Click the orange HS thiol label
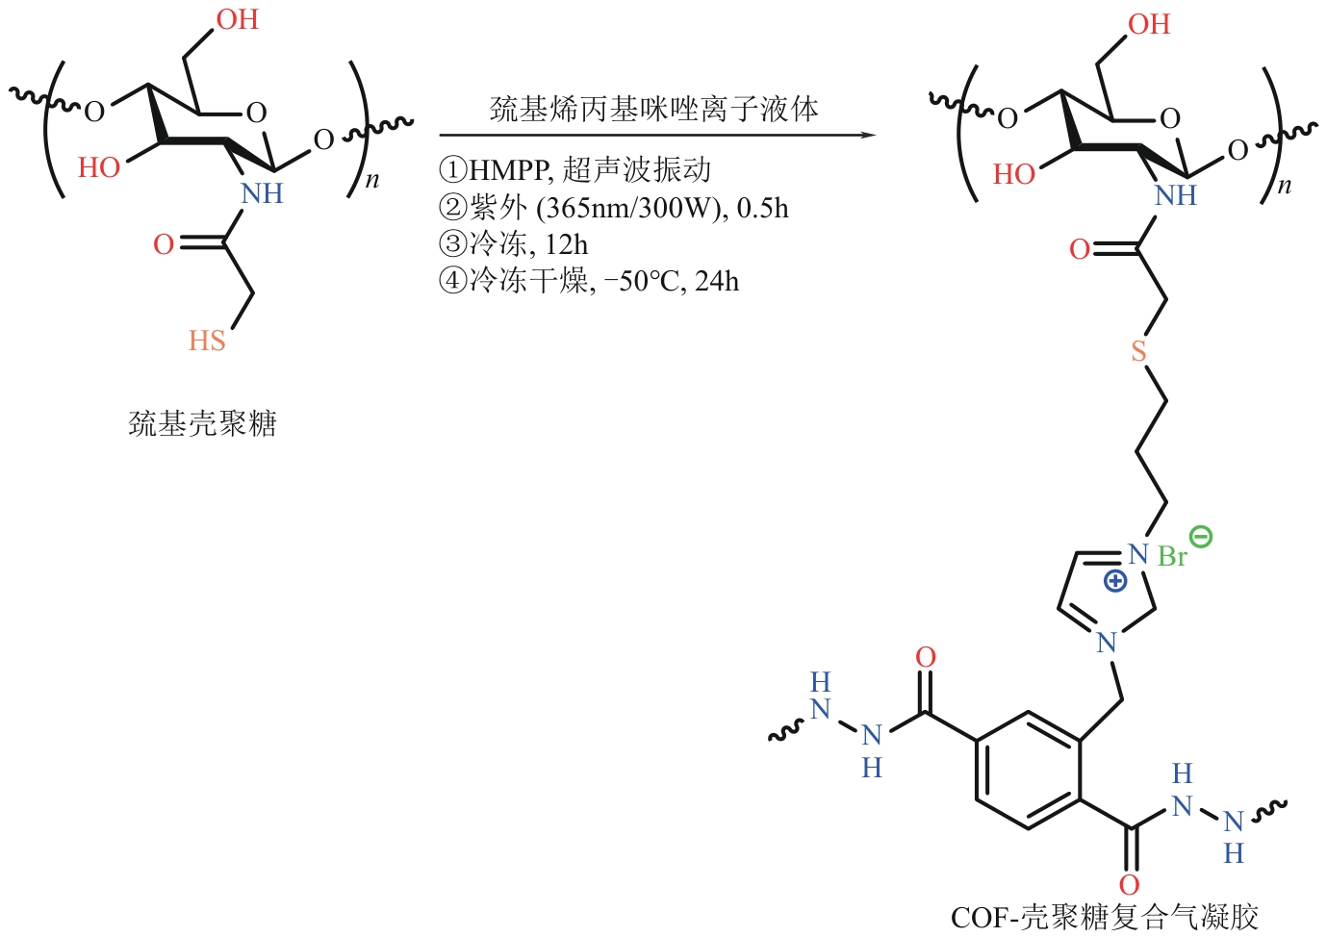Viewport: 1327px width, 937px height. click(x=207, y=341)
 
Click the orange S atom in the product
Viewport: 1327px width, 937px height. click(x=1139, y=351)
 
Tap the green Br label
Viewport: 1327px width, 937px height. click(x=1172, y=557)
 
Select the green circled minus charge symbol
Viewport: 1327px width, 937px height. click(x=1201, y=537)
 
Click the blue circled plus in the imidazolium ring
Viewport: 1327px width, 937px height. click(x=1114, y=580)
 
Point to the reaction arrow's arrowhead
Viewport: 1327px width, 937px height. click(x=868, y=135)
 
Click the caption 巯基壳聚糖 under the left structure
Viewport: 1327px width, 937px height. click(x=203, y=423)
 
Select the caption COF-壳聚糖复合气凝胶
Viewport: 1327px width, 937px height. click(x=1104, y=917)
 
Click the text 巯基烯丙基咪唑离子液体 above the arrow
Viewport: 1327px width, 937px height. click(x=654, y=109)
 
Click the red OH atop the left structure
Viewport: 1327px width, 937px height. click(x=238, y=19)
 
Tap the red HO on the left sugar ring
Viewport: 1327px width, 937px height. click(x=99, y=167)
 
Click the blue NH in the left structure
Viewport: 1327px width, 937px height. click(x=262, y=193)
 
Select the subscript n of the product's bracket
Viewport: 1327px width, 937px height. click(x=1284, y=187)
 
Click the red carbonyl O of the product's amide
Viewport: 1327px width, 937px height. click(x=1080, y=250)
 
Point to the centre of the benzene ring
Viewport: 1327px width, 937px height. click(x=1027, y=771)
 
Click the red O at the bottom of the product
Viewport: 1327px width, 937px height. click(x=1130, y=884)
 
